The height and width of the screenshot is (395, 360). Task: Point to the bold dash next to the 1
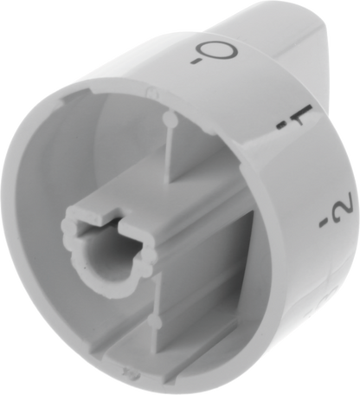point(280,126)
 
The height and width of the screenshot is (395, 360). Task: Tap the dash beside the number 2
point(325,223)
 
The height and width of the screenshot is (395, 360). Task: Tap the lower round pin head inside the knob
point(156,321)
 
